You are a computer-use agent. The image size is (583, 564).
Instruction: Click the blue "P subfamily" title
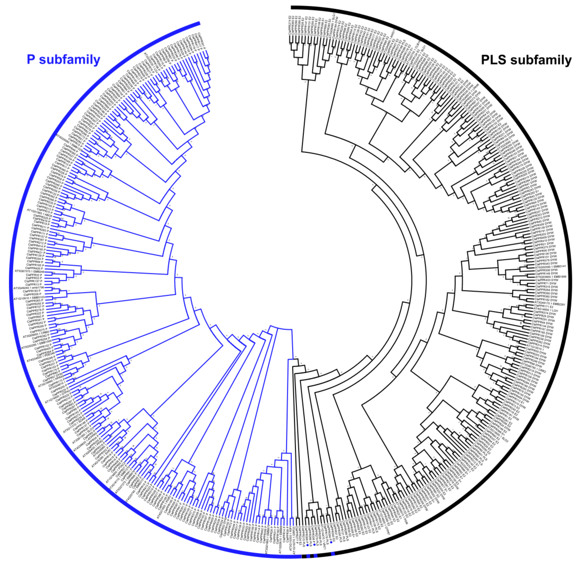[63, 60]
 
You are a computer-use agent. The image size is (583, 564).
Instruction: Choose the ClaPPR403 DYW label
[546, 280]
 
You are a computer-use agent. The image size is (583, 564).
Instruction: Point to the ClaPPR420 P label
[34, 268]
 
